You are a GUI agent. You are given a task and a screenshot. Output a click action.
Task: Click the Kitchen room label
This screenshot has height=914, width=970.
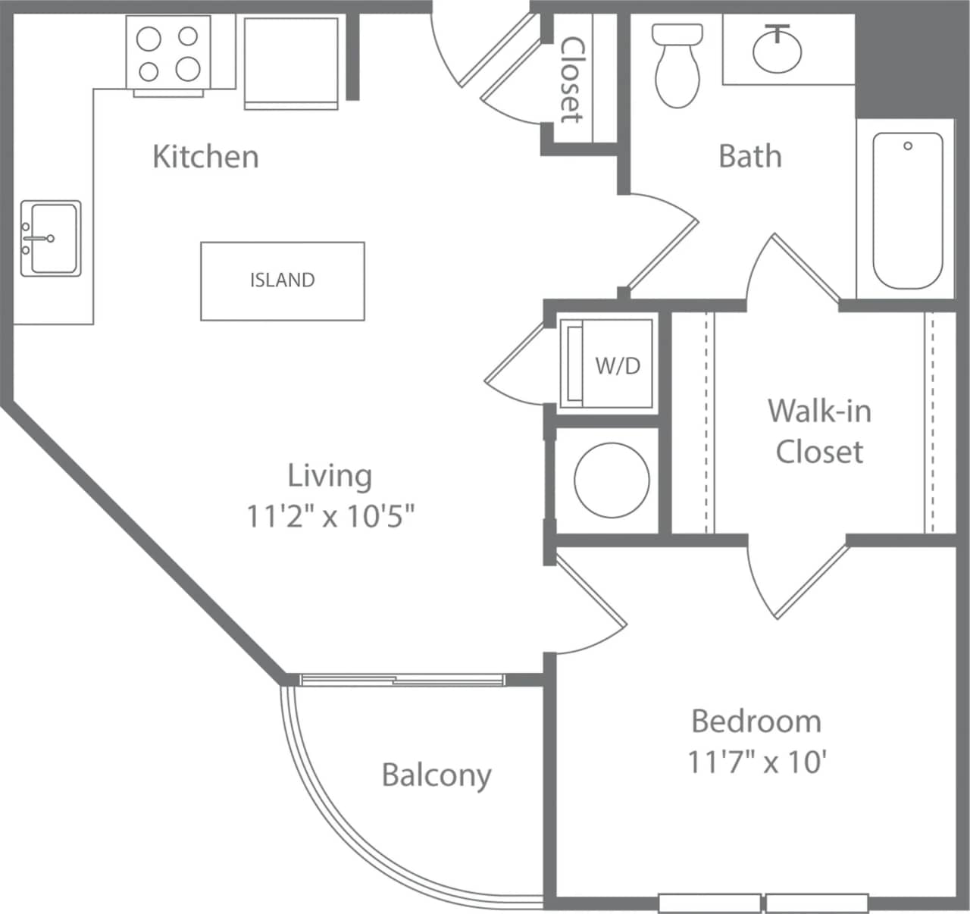click(205, 156)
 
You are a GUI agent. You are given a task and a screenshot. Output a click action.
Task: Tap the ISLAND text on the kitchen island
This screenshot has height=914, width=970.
click(282, 280)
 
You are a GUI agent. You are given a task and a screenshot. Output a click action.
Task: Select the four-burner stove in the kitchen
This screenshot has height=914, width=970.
click(167, 53)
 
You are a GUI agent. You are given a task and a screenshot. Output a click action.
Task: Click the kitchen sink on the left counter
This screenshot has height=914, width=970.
click(51, 238)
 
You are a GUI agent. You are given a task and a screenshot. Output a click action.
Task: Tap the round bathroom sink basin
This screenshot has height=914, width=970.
click(777, 50)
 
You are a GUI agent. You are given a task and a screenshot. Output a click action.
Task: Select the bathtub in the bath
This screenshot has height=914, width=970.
click(907, 211)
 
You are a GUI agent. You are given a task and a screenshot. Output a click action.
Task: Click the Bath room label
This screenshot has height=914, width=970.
click(749, 156)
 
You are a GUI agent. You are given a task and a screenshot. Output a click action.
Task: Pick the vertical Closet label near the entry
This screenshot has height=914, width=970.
click(572, 80)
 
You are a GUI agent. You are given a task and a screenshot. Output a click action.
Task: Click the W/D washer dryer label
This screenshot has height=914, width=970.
click(618, 366)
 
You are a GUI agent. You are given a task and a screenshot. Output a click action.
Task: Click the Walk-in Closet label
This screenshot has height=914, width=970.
click(819, 430)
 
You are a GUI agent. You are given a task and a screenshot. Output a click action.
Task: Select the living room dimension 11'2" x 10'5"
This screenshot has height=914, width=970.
click(330, 516)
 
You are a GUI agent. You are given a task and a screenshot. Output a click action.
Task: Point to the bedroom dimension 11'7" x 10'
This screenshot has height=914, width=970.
click(756, 761)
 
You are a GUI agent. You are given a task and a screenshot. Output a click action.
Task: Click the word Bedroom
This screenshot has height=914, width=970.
click(756, 721)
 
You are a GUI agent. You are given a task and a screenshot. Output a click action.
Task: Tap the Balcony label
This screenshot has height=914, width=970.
click(436, 775)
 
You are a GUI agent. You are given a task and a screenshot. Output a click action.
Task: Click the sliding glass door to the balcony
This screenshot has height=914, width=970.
click(402, 680)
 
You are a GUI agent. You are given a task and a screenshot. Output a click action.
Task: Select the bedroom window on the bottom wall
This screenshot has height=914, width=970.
click(763, 903)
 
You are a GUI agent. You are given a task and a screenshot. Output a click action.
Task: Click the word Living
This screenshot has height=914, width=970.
click(330, 476)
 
